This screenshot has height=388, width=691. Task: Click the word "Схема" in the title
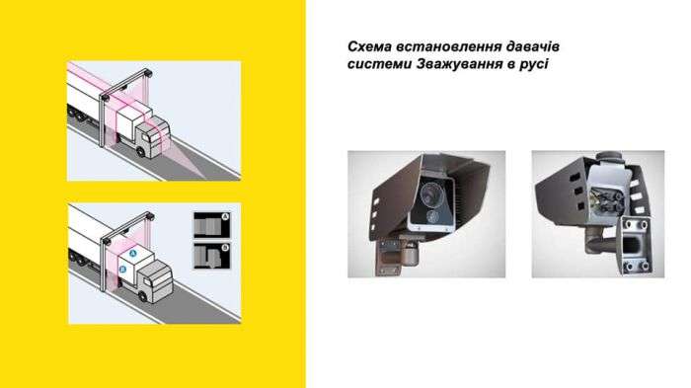point(369,46)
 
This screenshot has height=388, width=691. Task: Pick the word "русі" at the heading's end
point(534,64)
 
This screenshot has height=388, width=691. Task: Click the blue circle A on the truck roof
point(134,254)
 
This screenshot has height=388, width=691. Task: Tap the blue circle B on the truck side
point(123,269)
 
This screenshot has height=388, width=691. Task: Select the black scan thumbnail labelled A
point(212,225)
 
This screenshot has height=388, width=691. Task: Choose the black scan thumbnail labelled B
point(212,256)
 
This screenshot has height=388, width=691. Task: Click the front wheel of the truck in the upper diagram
point(140,151)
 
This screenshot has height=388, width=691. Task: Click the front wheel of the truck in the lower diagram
point(142,295)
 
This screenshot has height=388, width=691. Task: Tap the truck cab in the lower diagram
point(155,281)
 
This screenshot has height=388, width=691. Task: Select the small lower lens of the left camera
point(432,216)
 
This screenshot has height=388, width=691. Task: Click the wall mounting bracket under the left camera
point(389,258)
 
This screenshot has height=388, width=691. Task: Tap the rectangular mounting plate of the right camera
point(636,246)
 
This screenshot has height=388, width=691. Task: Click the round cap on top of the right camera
point(609,157)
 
